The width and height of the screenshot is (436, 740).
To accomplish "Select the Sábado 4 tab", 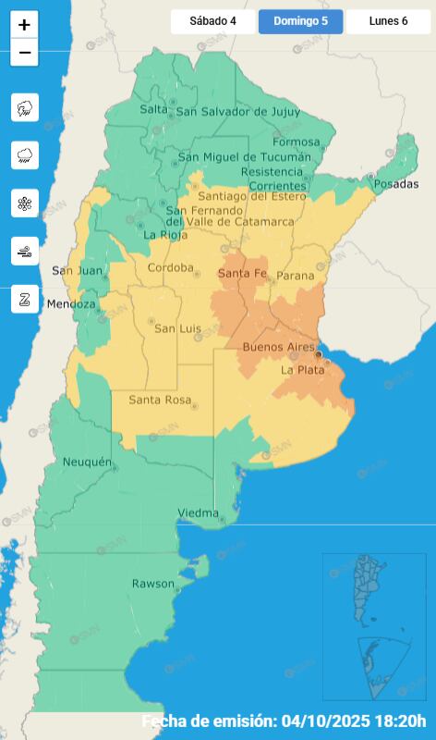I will coord(212,21).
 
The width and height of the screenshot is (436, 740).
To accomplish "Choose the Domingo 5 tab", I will coord(300,21).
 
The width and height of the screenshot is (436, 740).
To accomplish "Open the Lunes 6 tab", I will coord(388,21).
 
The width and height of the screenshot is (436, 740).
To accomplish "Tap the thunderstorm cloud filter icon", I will coord(25,108).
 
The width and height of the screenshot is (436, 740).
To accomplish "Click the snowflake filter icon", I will coord(25,203).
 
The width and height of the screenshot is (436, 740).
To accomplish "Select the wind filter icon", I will coord(25,251).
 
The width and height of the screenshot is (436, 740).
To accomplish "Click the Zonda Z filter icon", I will coord(25,299).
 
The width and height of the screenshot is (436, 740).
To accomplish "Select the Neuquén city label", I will coord(87,462).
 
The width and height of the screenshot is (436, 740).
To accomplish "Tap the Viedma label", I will coord(198,513).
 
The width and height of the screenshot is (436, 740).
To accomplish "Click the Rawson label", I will coord(152,584).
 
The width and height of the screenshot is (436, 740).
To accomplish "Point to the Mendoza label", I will coord(72,303).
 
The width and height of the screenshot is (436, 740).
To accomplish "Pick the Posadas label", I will coord(395,185).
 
